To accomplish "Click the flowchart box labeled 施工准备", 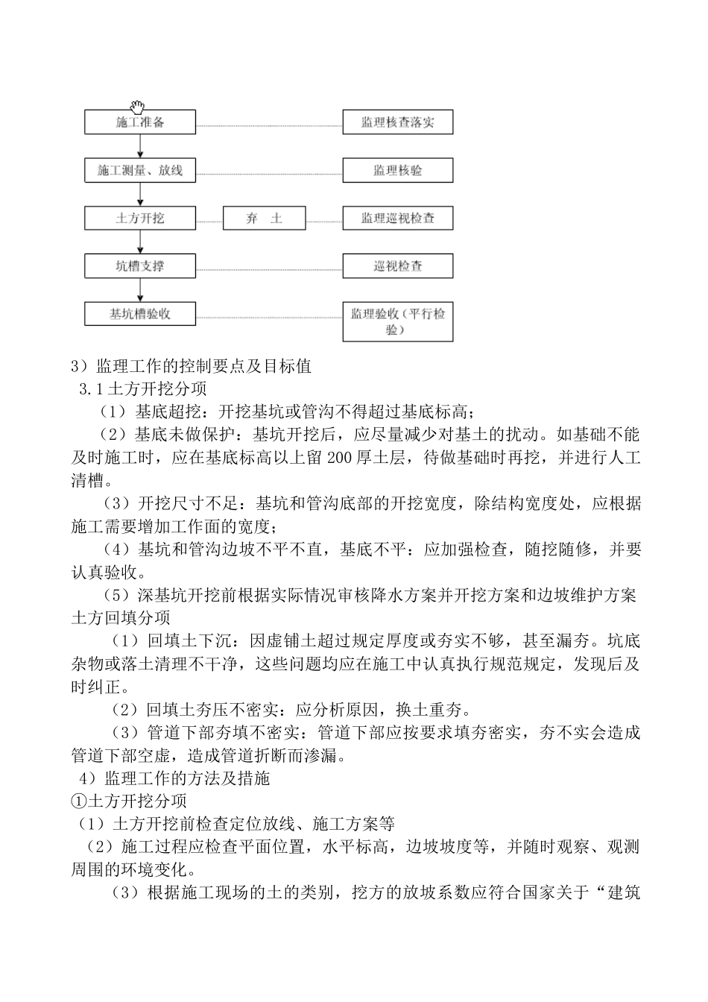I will click(140, 122).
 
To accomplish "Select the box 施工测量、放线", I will click(140, 170).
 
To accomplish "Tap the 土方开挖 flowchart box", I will click(140, 218).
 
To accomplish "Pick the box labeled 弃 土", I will click(265, 218).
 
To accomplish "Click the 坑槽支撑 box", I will click(140, 265).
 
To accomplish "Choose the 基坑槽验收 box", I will click(140, 314).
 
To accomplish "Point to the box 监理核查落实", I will click(398, 122).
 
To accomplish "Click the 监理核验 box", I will click(398, 170).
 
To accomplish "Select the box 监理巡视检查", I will click(398, 218).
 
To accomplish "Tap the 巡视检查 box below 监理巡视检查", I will click(398, 265).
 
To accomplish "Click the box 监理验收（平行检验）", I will click(398, 321).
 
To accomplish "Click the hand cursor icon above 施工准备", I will click(137, 107).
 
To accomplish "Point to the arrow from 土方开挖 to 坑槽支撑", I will click(140, 242).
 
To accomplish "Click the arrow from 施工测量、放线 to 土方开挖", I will click(140, 194).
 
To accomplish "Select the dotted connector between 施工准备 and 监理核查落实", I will click(269, 126).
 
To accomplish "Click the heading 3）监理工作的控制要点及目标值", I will click(191, 366).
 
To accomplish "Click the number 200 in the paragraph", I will click(338, 457).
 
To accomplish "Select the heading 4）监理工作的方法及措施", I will click(174, 778).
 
